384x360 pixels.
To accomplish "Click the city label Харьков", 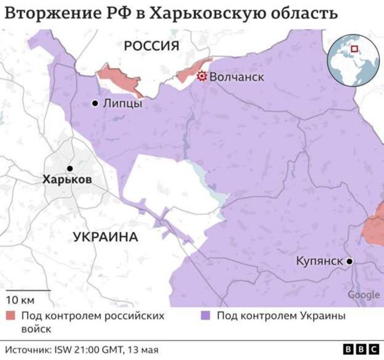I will [x=67, y=179].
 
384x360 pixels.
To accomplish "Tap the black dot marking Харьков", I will [x=70, y=169].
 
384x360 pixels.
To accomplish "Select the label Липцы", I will [x=122, y=104].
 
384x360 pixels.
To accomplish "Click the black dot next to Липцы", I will [x=95, y=104].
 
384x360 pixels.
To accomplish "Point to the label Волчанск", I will [x=238, y=77].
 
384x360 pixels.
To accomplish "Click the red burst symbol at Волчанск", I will [x=202, y=76].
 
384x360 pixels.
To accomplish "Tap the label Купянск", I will [x=319, y=261].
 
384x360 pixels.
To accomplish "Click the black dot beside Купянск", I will [x=349, y=261].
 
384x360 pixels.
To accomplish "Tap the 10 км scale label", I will [x=20, y=299].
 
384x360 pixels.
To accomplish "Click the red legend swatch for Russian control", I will [x=11, y=316].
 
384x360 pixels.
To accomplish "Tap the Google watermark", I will [x=364, y=295].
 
